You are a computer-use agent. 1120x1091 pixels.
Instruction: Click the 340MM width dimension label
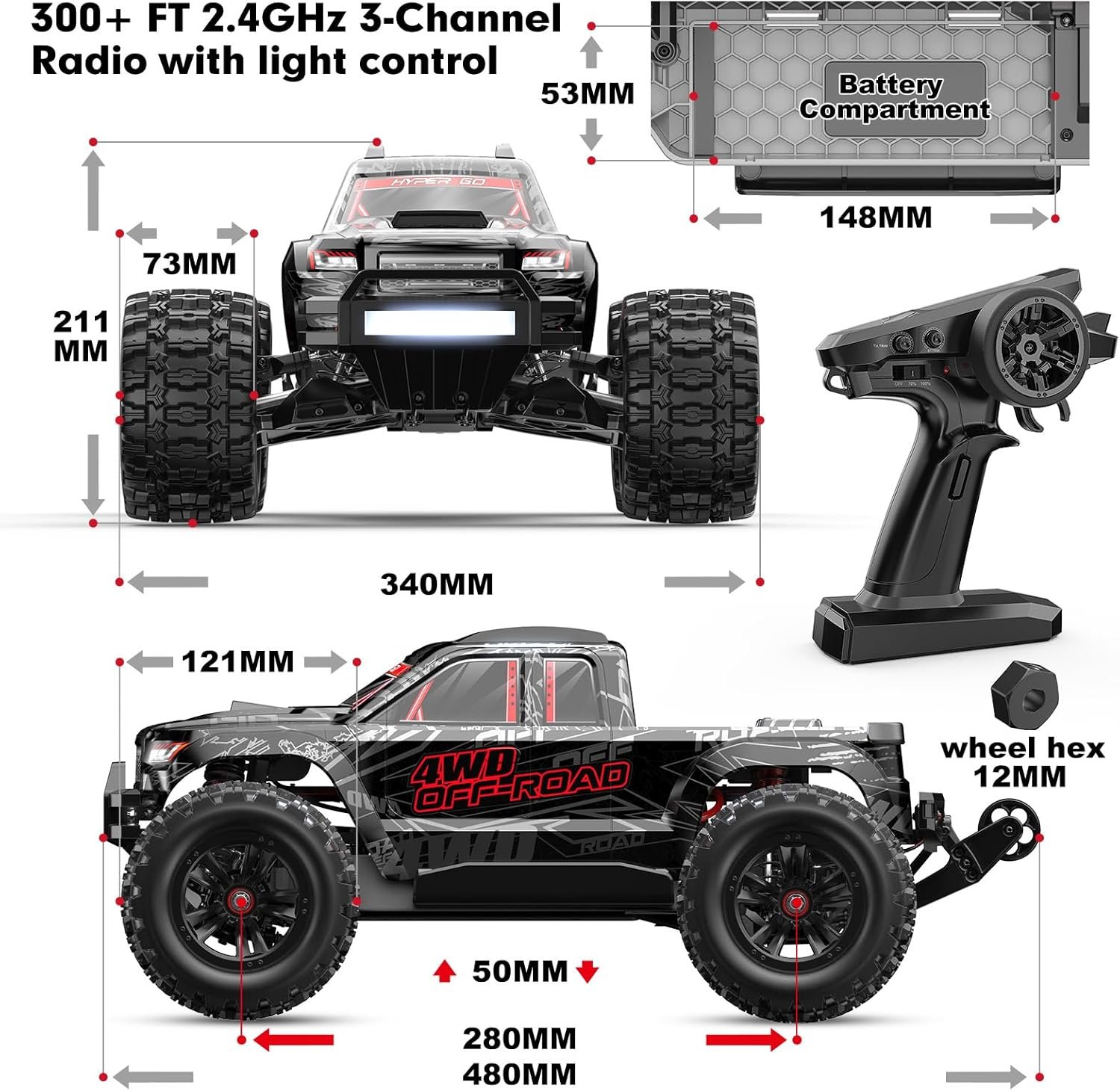point(437,584)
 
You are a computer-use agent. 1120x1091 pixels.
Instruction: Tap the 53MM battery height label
point(588,93)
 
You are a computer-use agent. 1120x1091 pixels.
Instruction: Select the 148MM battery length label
point(876,217)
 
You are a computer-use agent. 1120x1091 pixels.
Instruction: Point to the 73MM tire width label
point(190,264)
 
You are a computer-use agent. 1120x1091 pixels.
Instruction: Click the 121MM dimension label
point(237,661)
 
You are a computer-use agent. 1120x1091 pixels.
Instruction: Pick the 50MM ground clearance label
point(520,971)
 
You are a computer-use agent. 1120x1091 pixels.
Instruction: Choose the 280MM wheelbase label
point(520,1038)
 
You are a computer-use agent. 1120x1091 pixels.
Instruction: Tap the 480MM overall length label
point(520,1074)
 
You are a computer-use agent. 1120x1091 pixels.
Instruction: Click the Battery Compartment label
point(894,97)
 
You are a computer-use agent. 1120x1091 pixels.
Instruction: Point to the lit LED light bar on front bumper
point(439,324)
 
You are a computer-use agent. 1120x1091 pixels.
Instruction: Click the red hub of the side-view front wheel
point(241,902)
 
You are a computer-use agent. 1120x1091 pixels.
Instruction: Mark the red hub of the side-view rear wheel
point(795,903)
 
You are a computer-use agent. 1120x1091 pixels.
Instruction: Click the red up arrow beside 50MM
point(445,971)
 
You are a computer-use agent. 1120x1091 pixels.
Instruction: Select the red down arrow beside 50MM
point(588,971)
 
